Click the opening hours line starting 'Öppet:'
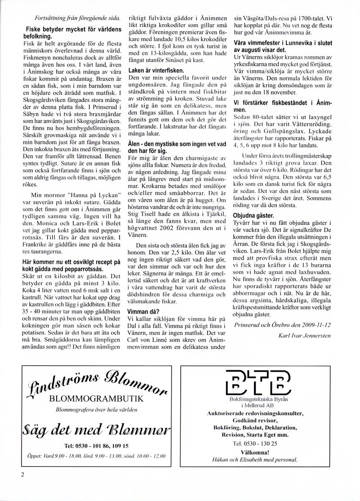(96, 456)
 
